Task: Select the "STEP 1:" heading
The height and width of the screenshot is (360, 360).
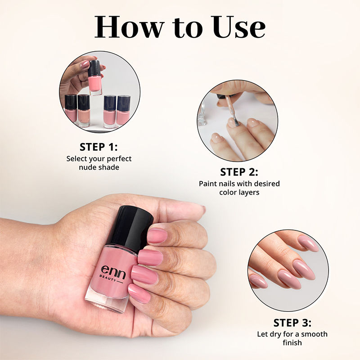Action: [x=99, y=147]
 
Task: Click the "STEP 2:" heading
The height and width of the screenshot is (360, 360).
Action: [x=239, y=172]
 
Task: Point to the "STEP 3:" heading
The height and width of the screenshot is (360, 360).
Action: [x=292, y=323]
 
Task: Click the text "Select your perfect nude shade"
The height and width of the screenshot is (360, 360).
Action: [x=99, y=163]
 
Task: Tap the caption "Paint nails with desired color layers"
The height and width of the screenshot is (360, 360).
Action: [x=239, y=188]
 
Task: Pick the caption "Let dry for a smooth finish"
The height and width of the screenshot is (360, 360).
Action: [x=292, y=338]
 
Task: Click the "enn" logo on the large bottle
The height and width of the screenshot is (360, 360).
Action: [x=112, y=271]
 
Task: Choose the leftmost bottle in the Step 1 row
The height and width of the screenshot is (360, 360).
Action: [x=71, y=109]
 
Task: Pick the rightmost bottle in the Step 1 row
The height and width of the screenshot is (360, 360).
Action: [x=123, y=111]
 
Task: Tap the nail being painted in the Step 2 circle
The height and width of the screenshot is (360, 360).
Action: [x=233, y=122]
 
